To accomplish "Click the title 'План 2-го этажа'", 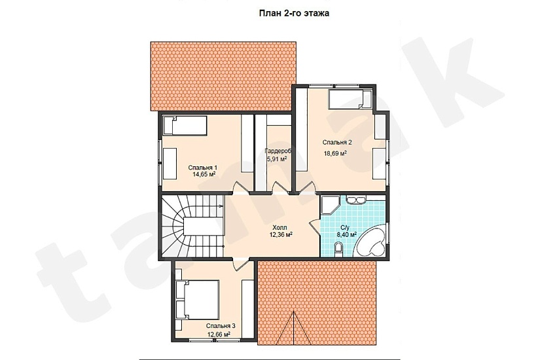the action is (x=294, y=13).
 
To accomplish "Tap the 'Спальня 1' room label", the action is (x=202, y=168).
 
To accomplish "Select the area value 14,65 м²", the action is (x=204, y=174).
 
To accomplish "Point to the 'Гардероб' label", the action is (x=278, y=151).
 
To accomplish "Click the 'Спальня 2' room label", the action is (x=337, y=142).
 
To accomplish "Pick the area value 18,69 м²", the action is (x=335, y=153).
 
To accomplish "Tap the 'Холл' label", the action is (x=279, y=228).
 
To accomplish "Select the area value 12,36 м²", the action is (x=281, y=235).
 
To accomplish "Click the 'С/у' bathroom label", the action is (x=345, y=228).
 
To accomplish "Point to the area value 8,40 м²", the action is (x=346, y=234).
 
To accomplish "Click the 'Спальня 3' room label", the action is (x=221, y=326).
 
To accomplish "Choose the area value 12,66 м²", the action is (x=219, y=334).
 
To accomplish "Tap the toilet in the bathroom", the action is (x=338, y=249).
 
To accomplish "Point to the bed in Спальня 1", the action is (x=185, y=125).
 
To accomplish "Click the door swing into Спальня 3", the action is (x=238, y=264).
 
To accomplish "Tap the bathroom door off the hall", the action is (x=315, y=226).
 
